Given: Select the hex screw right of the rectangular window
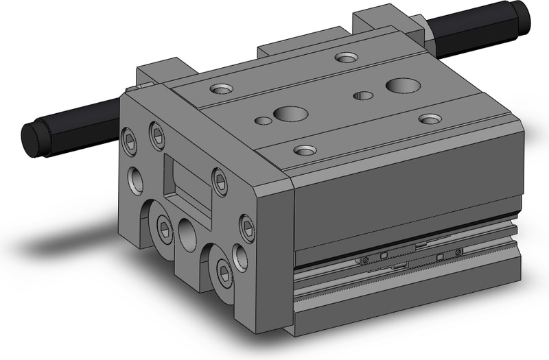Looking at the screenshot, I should point(219,180).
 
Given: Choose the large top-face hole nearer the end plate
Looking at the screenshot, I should point(283,112).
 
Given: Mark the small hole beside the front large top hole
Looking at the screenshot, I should point(262,121).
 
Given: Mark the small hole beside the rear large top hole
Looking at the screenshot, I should point(361,95).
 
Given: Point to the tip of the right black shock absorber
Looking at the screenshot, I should point(524,14).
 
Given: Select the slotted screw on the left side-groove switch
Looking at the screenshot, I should point(364,260).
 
